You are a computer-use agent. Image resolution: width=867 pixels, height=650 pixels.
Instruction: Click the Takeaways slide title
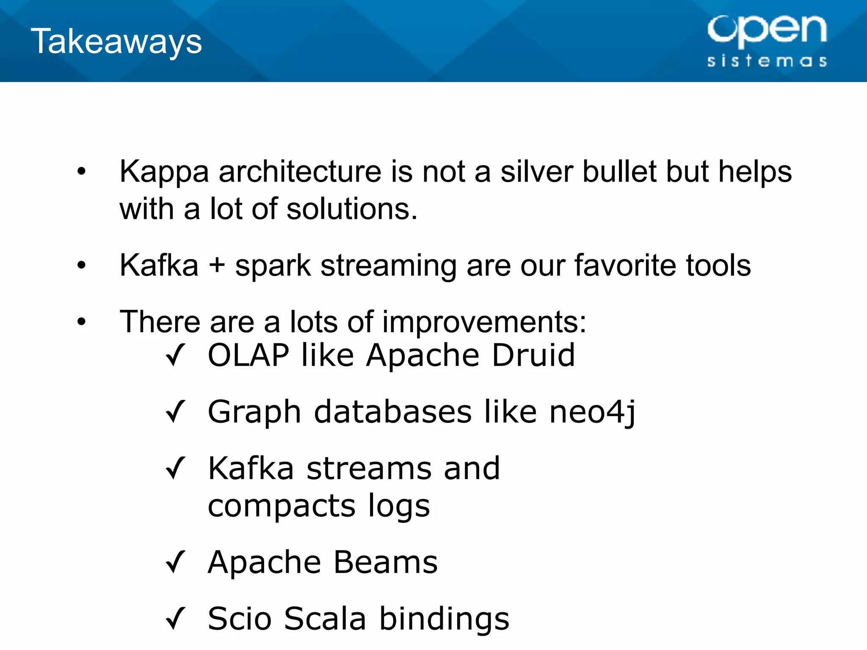point(116,41)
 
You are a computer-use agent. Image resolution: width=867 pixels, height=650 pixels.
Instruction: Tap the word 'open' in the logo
point(767,30)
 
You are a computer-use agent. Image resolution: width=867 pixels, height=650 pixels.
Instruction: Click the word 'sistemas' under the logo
point(767,61)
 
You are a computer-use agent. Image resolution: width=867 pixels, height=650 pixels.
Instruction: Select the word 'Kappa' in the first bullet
point(164,172)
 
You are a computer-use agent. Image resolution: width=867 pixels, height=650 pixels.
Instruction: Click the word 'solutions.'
point(352,209)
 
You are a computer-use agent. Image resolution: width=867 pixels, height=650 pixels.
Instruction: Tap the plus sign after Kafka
point(217,266)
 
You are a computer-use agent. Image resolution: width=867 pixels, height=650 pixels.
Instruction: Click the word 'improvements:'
point(484,322)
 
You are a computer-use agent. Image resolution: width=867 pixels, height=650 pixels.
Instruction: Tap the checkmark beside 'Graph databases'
point(175,411)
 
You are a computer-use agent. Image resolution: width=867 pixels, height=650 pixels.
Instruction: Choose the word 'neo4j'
point(592,412)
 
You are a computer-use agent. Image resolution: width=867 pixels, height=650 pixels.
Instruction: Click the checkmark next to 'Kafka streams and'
point(175,468)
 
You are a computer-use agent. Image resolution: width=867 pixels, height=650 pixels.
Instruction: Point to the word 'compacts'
point(282,507)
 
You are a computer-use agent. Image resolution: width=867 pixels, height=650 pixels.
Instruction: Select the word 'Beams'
point(385,562)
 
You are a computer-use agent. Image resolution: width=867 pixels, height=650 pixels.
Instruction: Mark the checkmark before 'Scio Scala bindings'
point(175,618)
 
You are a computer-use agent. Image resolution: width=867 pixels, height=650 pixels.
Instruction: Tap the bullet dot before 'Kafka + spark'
point(81,266)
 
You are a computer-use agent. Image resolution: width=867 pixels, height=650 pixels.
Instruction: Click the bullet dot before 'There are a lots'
point(81,322)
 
